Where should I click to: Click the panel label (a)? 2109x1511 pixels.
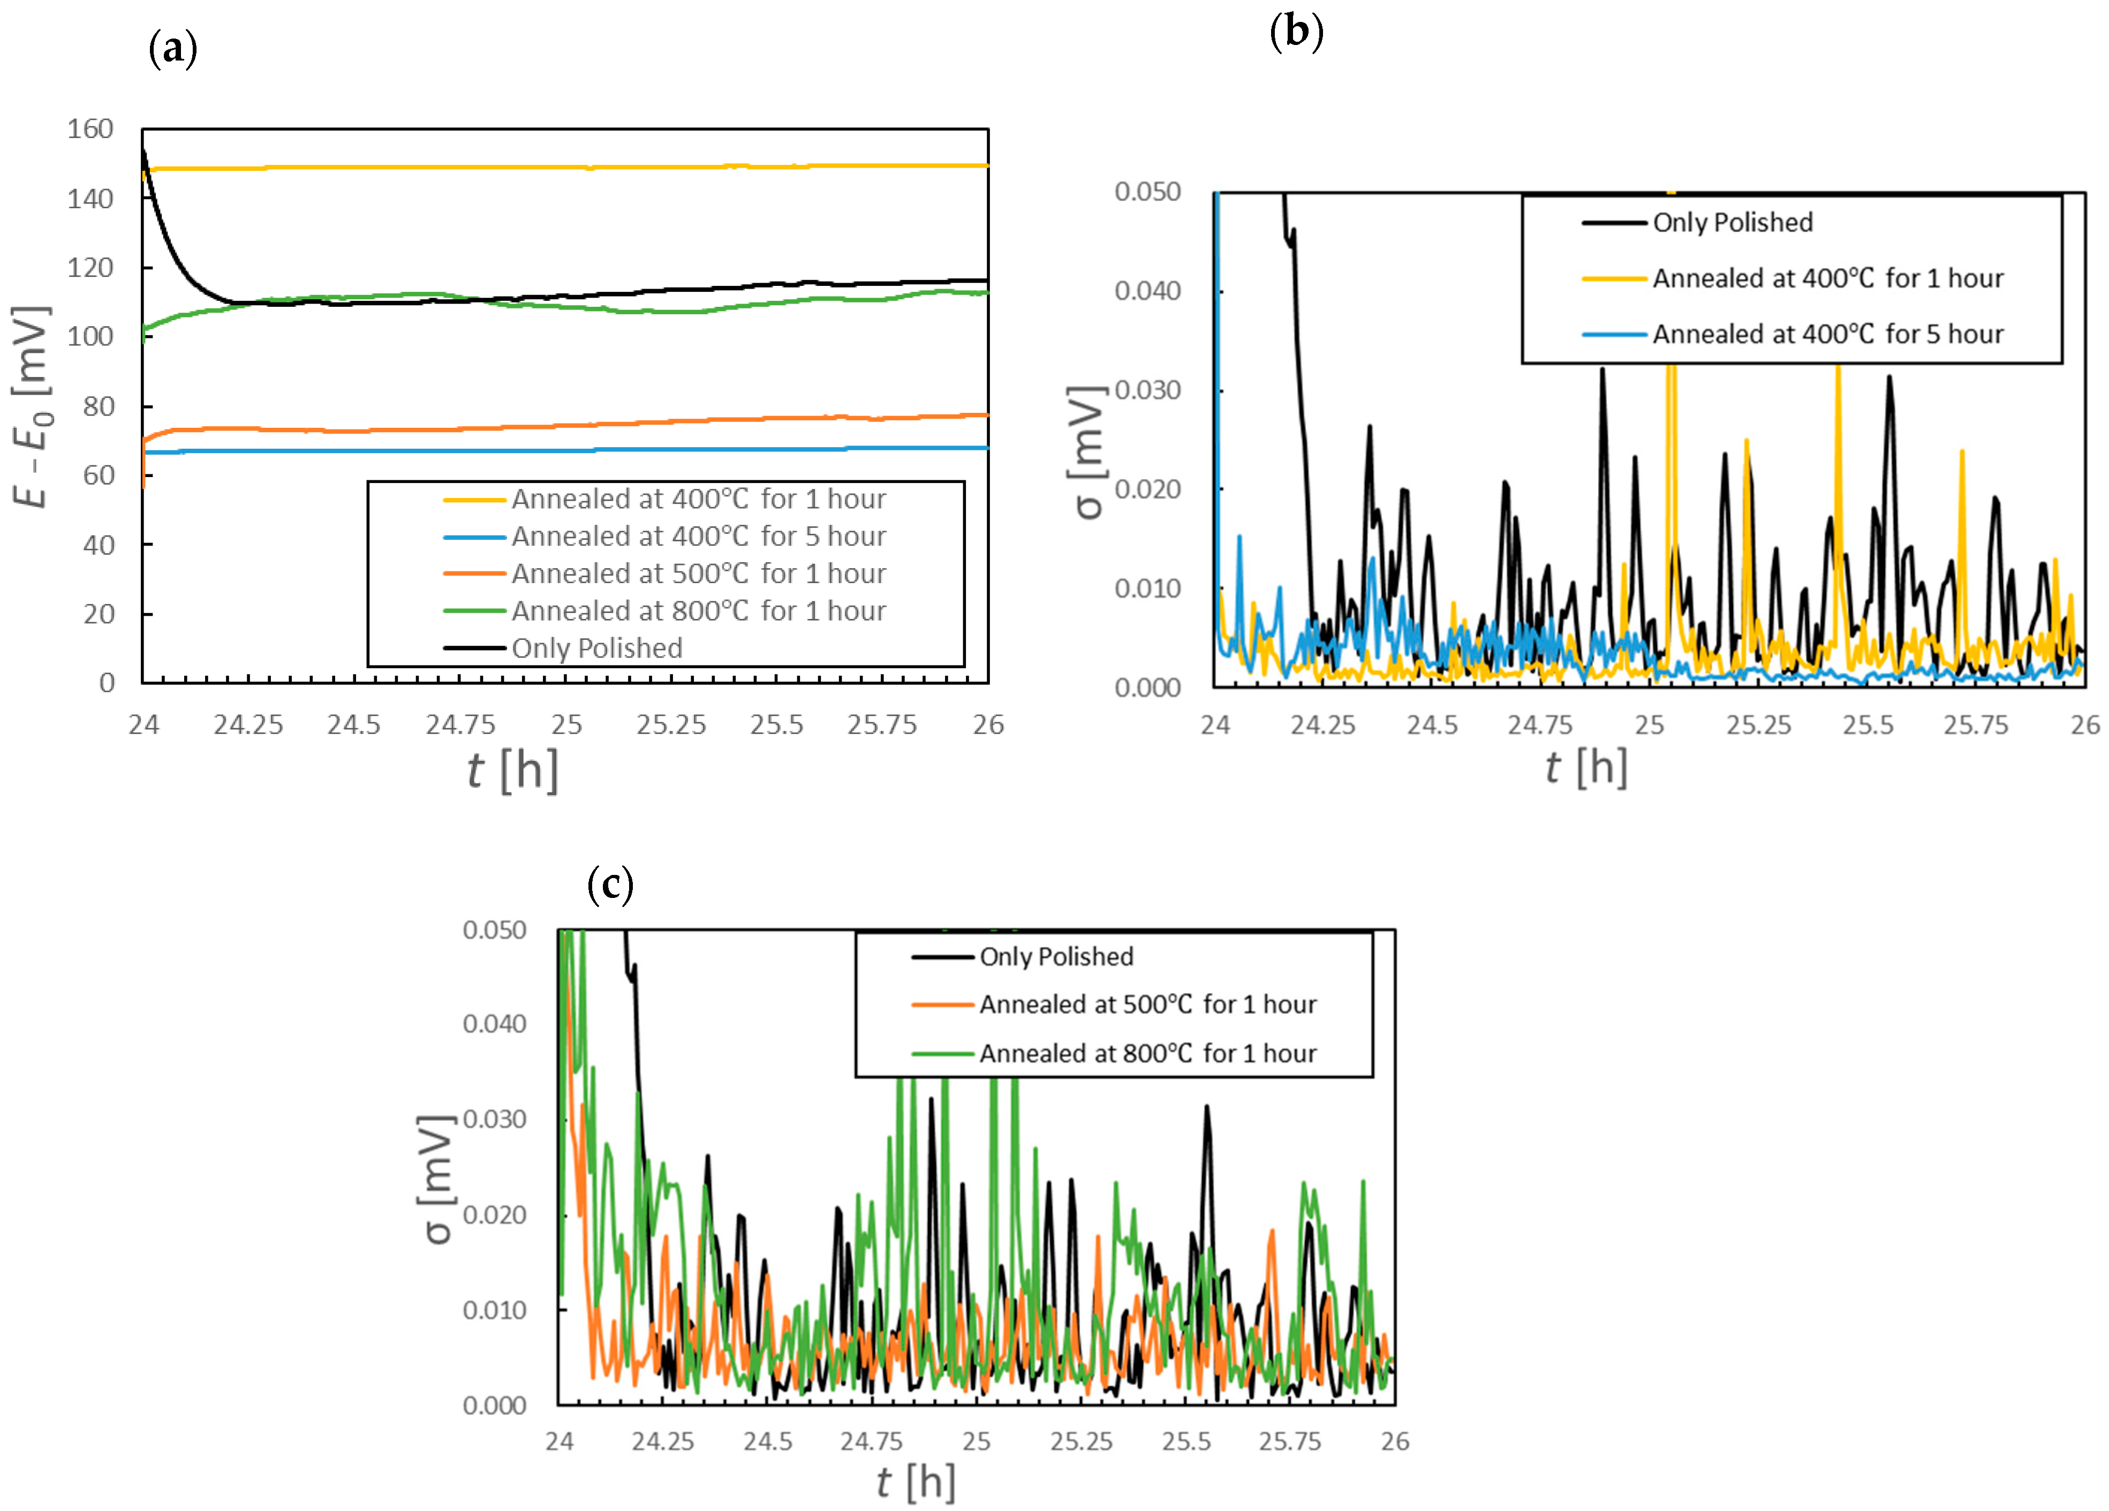pyautogui.click(x=173, y=48)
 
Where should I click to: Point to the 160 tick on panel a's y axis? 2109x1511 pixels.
pyautogui.click(x=90, y=129)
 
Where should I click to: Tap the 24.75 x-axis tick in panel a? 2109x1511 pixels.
pyautogui.click(x=460, y=724)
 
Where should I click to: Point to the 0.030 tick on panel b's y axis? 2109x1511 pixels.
pyautogui.click(x=1147, y=390)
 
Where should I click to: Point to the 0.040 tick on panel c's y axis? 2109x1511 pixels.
pyautogui.click(x=495, y=1024)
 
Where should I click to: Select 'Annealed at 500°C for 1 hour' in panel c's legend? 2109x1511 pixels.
pyautogui.click(x=1147, y=1004)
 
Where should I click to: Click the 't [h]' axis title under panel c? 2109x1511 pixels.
pyautogui.click(x=916, y=1482)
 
